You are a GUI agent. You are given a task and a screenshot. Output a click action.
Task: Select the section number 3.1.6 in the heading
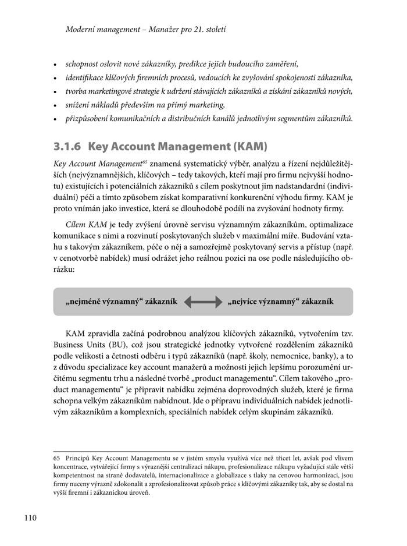(69, 146)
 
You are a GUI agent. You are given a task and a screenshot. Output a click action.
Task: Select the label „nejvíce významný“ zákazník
(280, 302)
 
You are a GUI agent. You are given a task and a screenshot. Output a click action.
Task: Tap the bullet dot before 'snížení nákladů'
(55, 105)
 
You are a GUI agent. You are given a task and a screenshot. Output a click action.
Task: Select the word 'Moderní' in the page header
(81, 27)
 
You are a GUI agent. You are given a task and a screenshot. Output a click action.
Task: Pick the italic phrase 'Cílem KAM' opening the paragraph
(85, 224)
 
